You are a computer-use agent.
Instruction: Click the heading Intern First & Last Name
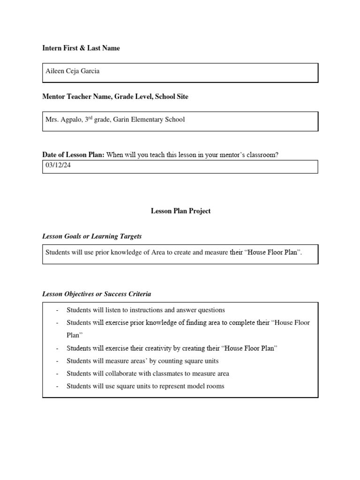click(x=81, y=48)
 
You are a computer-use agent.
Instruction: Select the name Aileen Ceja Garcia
click(x=73, y=71)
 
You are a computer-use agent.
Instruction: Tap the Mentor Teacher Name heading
click(x=115, y=97)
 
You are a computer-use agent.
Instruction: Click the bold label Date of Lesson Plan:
click(x=74, y=155)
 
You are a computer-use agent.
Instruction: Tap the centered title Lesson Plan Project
click(x=180, y=211)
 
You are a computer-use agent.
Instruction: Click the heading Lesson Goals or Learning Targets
click(x=92, y=236)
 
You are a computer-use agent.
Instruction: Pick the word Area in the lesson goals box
click(x=157, y=252)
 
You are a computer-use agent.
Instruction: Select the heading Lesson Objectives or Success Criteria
click(x=97, y=294)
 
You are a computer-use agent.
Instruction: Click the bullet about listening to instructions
click(x=146, y=310)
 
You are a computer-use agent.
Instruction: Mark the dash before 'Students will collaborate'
click(x=57, y=374)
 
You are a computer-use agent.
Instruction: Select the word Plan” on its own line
click(x=75, y=336)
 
